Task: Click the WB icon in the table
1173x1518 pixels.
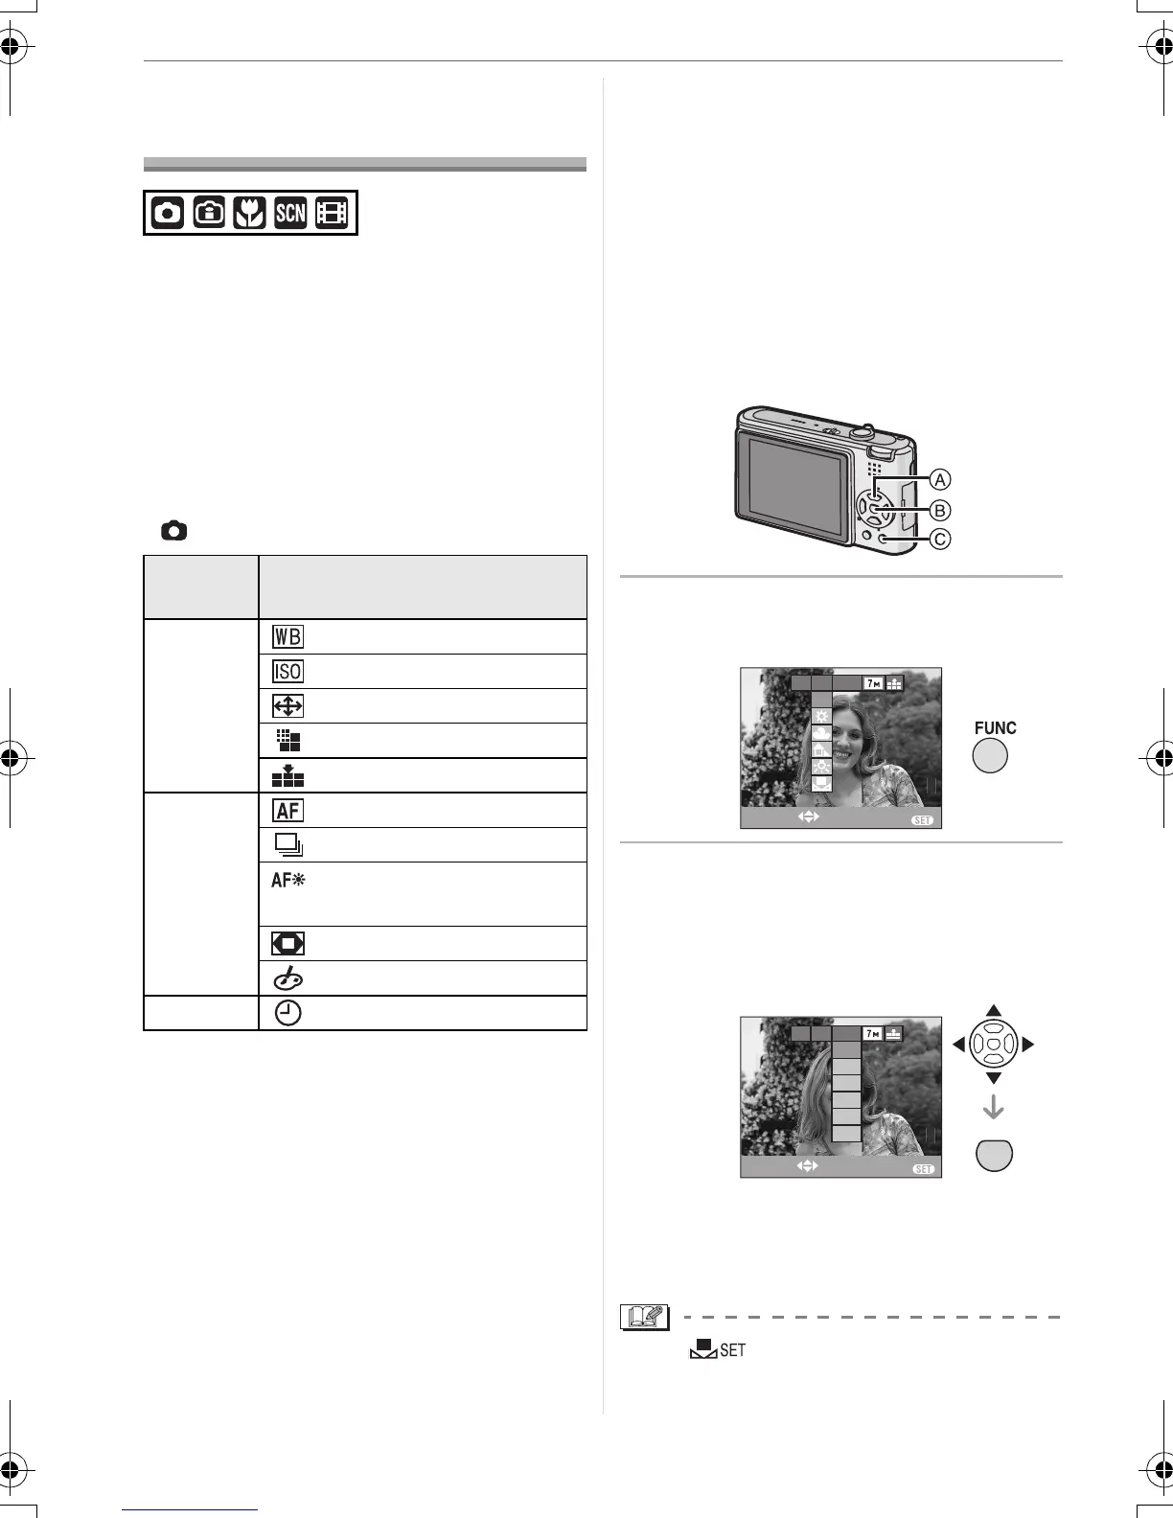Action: click(x=287, y=637)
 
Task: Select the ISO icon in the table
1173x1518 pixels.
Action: click(x=287, y=672)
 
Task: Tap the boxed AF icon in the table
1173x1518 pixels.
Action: click(x=287, y=811)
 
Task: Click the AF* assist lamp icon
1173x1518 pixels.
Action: click(x=287, y=881)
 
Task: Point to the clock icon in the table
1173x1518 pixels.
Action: click(x=287, y=1014)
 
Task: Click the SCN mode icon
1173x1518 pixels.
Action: click(x=289, y=213)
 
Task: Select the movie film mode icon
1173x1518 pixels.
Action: click(x=332, y=213)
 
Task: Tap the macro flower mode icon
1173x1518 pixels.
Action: click(x=248, y=213)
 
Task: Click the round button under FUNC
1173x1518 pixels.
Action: click(x=991, y=757)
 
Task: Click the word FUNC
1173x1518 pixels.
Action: click(x=995, y=728)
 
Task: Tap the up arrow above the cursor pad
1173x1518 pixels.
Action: click(x=994, y=1010)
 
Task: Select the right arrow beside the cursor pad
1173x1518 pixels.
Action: click(x=1028, y=1045)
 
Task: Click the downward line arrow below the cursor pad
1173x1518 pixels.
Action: click(x=994, y=1108)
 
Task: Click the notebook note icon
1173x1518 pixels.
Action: click(x=640, y=1318)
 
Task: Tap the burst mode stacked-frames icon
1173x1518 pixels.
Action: click(x=287, y=845)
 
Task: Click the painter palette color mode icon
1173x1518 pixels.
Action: click(x=287, y=978)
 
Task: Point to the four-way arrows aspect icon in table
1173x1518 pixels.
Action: click(x=287, y=707)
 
